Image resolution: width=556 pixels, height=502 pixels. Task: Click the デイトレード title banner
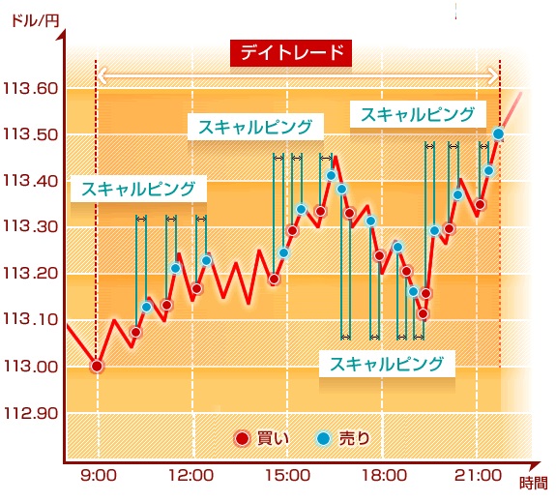coord(290,52)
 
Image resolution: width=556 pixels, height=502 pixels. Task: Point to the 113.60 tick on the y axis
coord(32,89)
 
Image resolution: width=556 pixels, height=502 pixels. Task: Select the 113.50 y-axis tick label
coord(32,134)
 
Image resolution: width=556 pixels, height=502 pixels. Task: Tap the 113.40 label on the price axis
coord(32,181)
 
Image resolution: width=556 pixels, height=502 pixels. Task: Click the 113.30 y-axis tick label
coord(32,227)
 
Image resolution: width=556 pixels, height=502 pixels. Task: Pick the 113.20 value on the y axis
coord(32,274)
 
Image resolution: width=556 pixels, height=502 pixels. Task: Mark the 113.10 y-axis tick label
coord(32,320)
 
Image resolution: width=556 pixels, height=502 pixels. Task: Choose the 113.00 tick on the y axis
coord(32,367)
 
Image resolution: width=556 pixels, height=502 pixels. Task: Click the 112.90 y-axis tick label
coord(32,414)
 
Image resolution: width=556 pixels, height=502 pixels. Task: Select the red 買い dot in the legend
coord(243,439)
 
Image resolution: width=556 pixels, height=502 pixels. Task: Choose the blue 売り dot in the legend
coord(324,439)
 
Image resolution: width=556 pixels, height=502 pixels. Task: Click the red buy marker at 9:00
coord(97,366)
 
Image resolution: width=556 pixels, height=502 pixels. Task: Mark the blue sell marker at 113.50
coord(498,134)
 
